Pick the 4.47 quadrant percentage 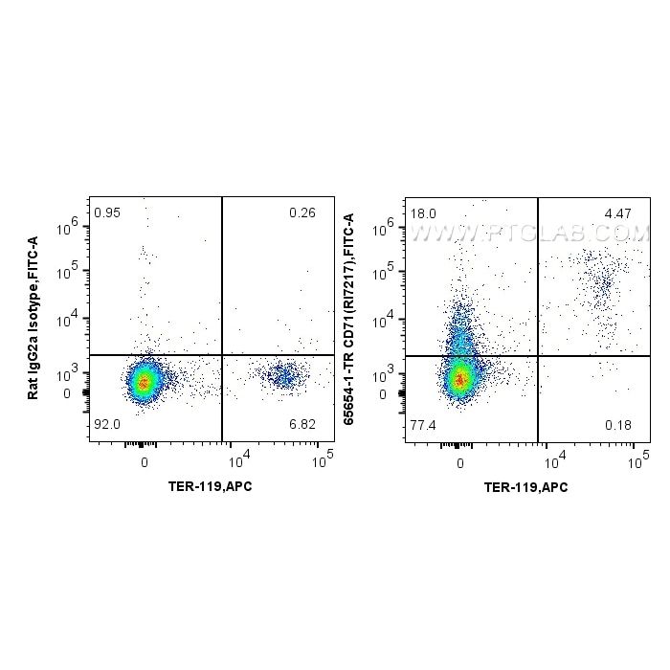(x=617, y=212)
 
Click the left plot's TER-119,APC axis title (x=210, y=486)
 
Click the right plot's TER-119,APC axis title (x=525, y=486)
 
